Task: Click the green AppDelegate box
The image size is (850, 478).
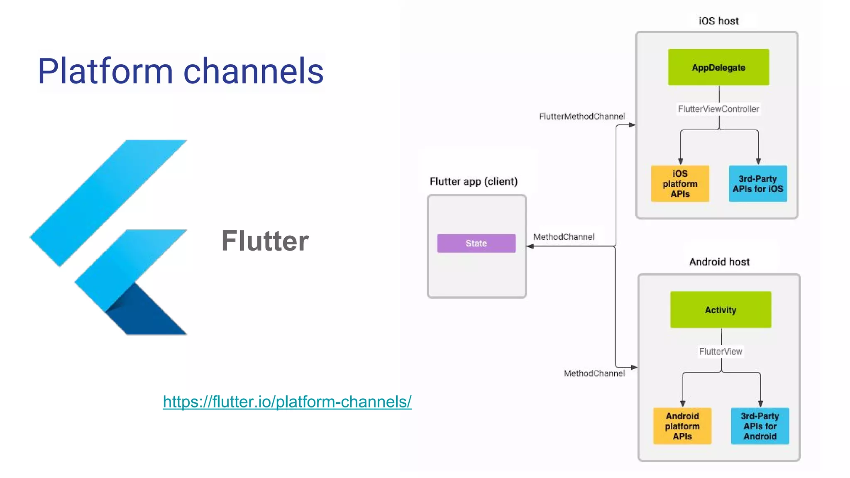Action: tap(718, 67)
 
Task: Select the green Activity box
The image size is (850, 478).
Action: tap(721, 310)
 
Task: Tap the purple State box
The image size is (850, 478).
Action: tap(476, 243)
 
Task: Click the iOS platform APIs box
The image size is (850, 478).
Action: tap(680, 183)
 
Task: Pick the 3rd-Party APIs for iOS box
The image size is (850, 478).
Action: tap(757, 183)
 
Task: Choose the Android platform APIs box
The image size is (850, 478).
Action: tap(682, 426)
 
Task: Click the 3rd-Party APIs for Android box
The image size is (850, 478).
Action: tap(760, 426)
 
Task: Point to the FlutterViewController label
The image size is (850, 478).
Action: tap(718, 109)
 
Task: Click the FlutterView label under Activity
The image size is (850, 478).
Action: tap(721, 351)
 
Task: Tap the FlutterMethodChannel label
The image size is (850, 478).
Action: tap(581, 116)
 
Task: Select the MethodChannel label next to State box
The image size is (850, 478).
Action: tap(564, 237)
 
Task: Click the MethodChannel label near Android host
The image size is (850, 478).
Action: tap(594, 373)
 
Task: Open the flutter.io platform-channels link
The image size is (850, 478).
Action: tap(287, 401)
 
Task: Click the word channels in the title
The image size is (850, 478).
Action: tap(253, 71)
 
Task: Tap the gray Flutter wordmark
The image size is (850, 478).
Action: tap(265, 241)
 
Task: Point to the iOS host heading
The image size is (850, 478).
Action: tap(718, 21)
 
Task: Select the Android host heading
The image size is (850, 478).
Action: tap(719, 262)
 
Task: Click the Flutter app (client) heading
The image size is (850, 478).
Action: tap(474, 181)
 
